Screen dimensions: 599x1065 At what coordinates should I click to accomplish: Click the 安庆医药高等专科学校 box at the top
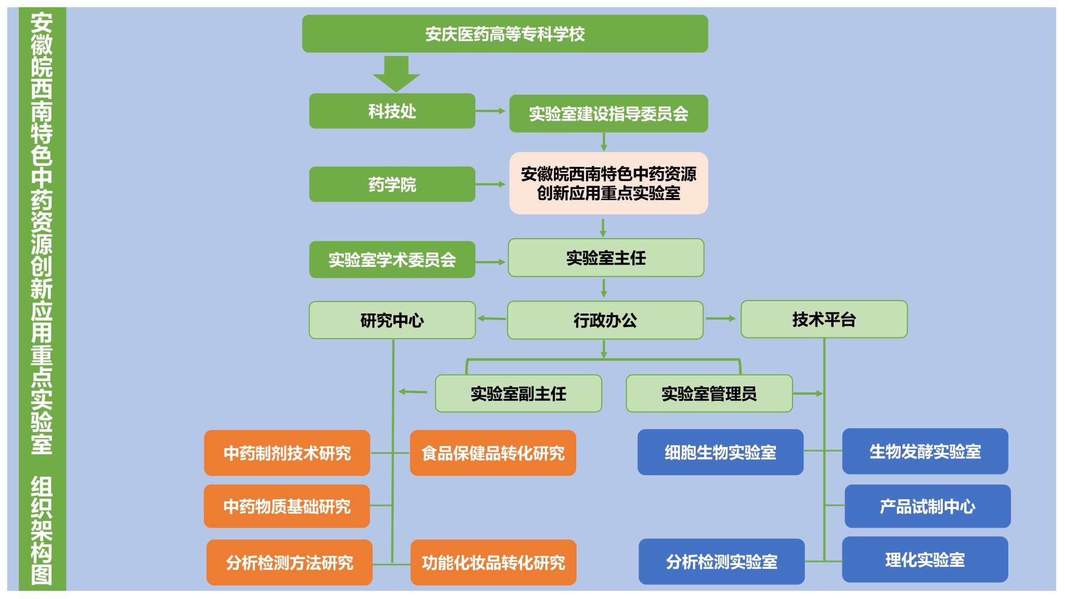coord(504,34)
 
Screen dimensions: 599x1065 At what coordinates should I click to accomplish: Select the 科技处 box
coord(392,111)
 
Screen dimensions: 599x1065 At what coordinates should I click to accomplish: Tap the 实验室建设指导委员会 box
coord(608,113)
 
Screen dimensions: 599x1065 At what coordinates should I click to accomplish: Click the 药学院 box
coord(392,184)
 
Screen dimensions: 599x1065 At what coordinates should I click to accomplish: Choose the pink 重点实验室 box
coord(608,183)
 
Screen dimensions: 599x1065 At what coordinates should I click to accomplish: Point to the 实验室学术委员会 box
coord(392,259)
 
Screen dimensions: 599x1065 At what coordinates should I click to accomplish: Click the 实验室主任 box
coord(606,258)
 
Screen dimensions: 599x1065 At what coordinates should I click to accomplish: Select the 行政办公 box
coord(605,320)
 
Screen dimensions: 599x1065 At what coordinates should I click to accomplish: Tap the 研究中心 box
coord(392,320)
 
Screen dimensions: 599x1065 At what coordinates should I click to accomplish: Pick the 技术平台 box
coord(824,319)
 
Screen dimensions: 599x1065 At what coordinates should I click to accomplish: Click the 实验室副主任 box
coord(518,394)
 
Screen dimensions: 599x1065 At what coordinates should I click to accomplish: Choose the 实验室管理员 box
coord(709,394)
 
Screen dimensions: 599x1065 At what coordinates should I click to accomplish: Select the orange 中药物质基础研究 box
coord(287,506)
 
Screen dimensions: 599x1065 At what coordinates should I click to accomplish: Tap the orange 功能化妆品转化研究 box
coord(493,562)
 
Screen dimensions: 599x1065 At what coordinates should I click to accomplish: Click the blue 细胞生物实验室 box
coord(720,452)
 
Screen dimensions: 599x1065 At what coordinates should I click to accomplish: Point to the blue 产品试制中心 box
coord(927,506)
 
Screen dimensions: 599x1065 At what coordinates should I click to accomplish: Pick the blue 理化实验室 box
coord(925,559)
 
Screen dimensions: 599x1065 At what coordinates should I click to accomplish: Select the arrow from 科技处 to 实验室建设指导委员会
coord(490,111)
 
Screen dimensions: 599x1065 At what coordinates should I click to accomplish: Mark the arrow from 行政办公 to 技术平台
coord(721,318)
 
